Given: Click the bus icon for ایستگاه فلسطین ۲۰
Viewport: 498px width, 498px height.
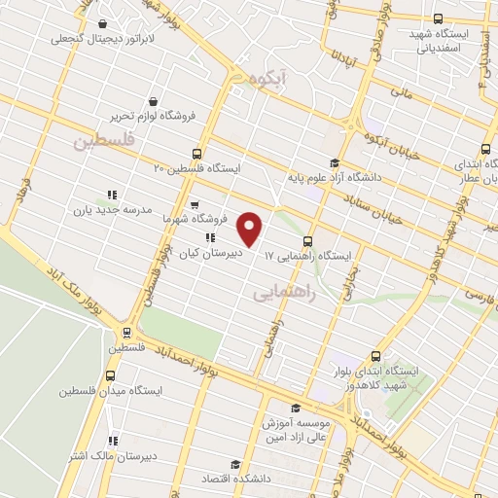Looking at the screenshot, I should pyautogui.click(x=197, y=153).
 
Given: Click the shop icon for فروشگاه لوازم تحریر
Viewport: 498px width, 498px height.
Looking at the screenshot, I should pyautogui.click(x=154, y=100).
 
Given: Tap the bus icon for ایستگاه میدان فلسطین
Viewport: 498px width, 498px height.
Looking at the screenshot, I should pyautogui.click(x=110, y=375).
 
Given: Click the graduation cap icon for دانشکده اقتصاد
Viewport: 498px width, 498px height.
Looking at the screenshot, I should pyautogui.click(x=232, y=464).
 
